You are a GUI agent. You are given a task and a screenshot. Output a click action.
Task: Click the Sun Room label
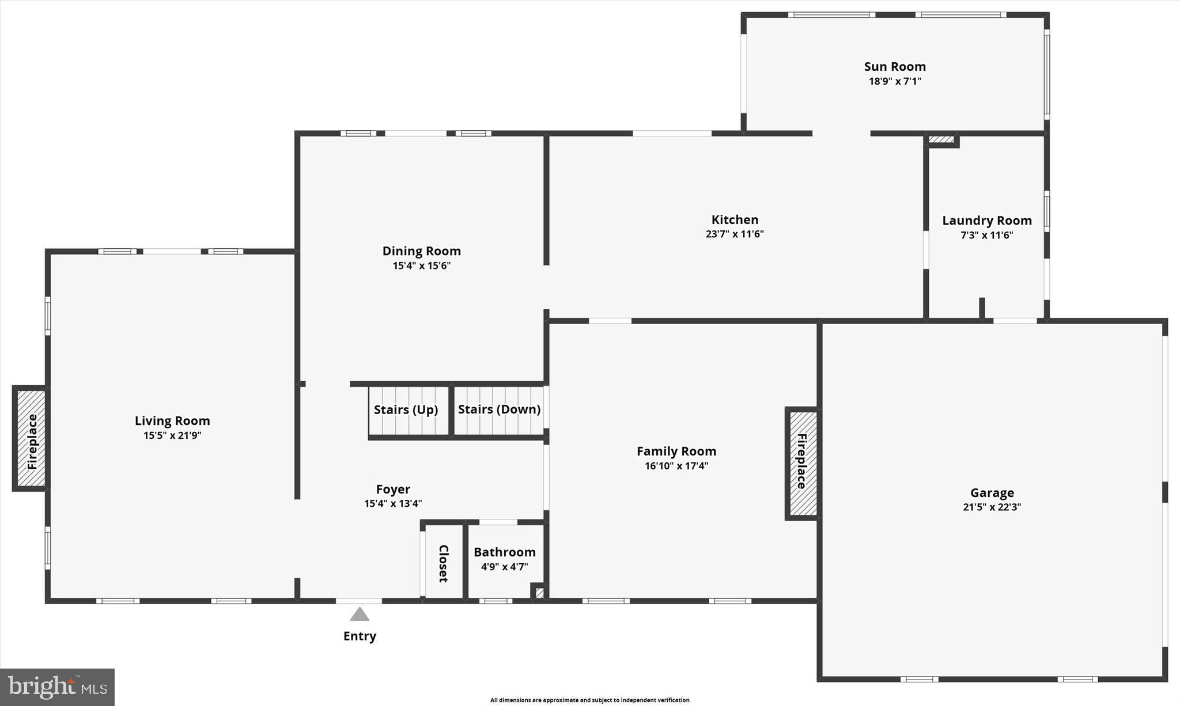pos(894,67)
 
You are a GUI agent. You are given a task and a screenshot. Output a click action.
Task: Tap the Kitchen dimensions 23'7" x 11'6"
pos(734,234)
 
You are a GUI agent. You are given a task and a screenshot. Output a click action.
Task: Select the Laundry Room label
pos(986,221)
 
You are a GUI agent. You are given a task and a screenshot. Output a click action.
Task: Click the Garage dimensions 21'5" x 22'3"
pos(992,507)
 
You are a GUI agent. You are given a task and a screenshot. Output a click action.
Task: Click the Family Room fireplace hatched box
pos(802,464)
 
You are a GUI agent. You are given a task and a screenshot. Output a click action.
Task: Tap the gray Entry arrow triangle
pos(360,615)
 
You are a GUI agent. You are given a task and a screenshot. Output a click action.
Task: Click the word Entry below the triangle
pos(360,636)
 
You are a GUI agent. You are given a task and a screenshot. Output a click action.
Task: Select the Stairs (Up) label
pos(406,410)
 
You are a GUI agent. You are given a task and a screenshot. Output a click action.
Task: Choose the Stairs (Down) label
pos(499,409)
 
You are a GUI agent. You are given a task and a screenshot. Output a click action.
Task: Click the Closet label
pos(444,563)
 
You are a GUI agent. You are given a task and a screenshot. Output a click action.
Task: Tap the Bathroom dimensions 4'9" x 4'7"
pos(504,567)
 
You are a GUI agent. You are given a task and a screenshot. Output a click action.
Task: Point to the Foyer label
pos(393,489)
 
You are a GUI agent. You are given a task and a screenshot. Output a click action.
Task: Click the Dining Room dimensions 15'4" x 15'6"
pos(421,266)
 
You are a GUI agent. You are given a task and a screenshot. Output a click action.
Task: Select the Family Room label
pos(676,451)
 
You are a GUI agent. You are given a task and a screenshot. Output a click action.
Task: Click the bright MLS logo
pos(57,687)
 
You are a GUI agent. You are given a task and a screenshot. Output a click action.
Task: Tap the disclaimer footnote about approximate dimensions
pos(589,700)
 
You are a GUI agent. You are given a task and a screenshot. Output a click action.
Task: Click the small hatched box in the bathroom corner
pos(539,593)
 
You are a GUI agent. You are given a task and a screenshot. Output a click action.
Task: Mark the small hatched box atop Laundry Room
pos(941,139)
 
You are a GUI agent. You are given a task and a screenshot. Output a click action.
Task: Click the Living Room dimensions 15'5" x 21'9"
pos(172,436)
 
